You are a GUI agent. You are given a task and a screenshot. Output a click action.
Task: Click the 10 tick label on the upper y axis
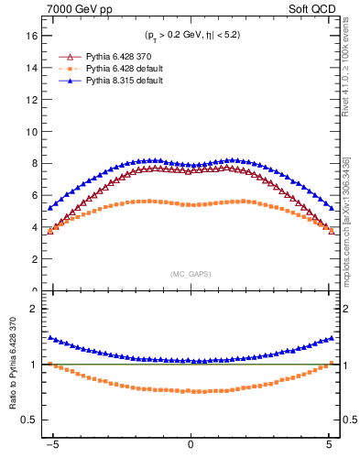pos(30,132)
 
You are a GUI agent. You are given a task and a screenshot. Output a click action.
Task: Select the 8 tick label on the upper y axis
pos(33,164)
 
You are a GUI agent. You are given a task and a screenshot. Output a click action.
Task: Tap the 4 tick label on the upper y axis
pos(33,227)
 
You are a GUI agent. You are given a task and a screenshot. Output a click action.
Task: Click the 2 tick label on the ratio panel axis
pos(33,309)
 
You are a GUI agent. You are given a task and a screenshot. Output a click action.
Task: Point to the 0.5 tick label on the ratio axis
pos(28,420)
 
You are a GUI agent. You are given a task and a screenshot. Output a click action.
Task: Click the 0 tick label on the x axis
pos(191,450)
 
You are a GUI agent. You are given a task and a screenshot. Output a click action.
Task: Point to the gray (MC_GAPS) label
pos(191,274)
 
